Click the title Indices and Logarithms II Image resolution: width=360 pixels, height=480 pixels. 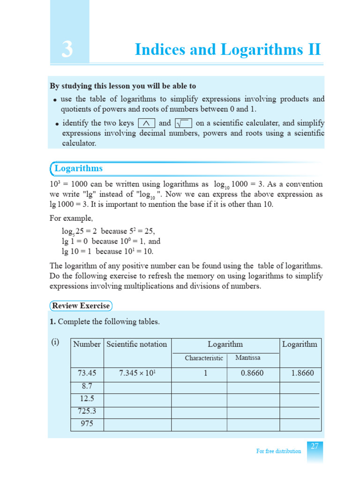pyautogui.click(x=228, y=49)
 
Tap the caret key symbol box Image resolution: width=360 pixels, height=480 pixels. pyautogui.click(x=147, y=123)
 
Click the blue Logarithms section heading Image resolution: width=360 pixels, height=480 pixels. pyautogui.click(x=78, y=168)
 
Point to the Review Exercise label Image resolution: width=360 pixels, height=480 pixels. pyautogui.click(x=81, y=306)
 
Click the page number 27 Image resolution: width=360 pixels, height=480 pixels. pyautogui.click(x=315, y=447)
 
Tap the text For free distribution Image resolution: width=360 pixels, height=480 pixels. pyautogui.click(x=278, y=451)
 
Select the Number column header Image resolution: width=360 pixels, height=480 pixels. pyautogui.click(x=87, y=344)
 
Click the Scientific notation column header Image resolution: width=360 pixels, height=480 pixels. pyautogui.click(x=137, y=344)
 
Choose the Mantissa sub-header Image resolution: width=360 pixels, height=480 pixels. pyautogui.click(x=248, y=358)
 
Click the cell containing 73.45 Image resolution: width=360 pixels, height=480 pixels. pyautogui.click(x=87, y=374)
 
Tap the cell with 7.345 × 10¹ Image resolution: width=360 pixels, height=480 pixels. pyautogui.click(x=137, y=374)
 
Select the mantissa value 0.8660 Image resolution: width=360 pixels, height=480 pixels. pyautogui.click(x=254, y=374)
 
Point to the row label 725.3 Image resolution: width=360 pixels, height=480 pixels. pyautogui.click(x=87, y=411)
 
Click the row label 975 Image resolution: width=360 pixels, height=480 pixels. pyautogui.click(x=87, y=424)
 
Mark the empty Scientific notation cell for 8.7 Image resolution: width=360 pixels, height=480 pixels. pyautogui.click(x=137, y=387)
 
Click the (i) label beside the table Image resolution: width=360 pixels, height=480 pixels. pyautogui.click(x=55, y=342)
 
